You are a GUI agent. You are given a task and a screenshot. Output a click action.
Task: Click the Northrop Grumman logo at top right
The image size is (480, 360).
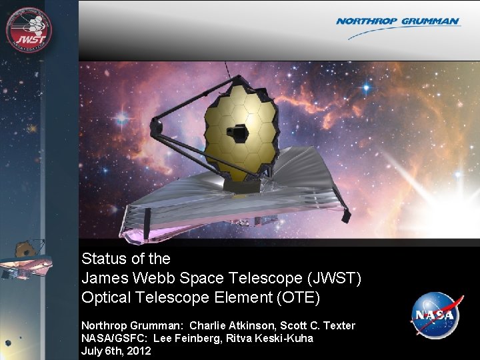pos(397,22)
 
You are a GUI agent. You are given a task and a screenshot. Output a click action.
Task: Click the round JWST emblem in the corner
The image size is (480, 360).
pos(29,30)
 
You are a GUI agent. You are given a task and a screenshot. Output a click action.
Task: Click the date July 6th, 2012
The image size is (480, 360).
pos(116,351)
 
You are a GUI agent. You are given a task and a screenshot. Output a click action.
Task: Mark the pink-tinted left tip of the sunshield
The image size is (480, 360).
pos(130,233)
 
